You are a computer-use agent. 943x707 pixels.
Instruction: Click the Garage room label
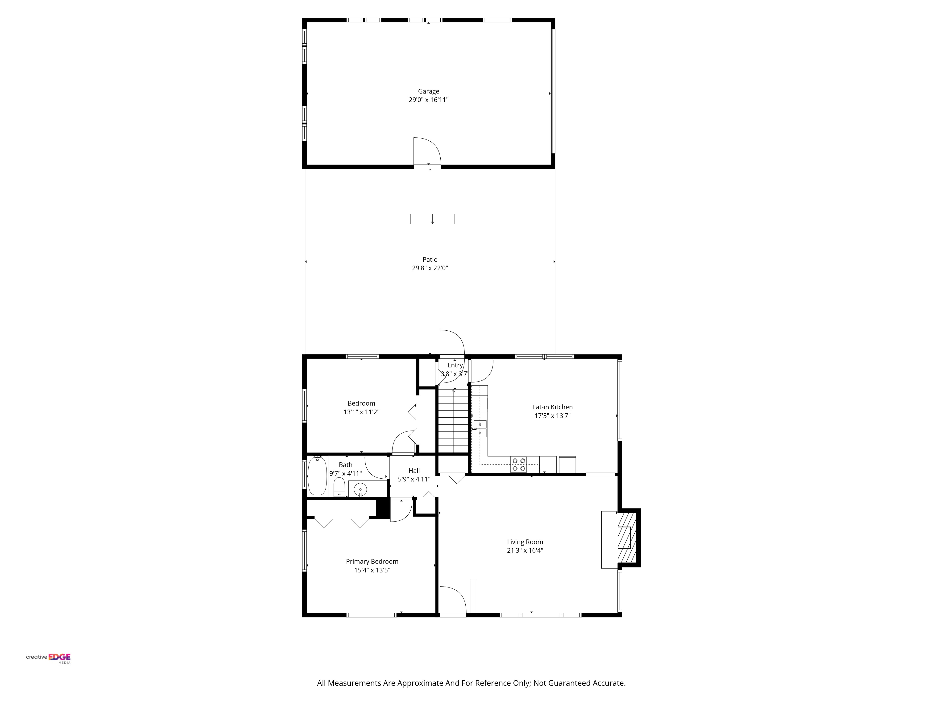(428, 91)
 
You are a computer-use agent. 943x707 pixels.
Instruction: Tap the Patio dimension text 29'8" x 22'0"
(430, 268)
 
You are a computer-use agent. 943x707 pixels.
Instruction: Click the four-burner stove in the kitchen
(519, 464)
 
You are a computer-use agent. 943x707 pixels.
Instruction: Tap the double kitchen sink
(480, 429)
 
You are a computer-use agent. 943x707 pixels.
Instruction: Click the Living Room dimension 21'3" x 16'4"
(525, 550)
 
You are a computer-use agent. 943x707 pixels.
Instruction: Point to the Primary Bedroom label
(372, 561)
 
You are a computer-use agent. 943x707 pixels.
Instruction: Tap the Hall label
(414, 470)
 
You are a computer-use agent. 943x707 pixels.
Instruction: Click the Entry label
(455, 365)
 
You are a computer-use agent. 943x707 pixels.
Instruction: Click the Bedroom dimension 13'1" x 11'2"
(361, 412)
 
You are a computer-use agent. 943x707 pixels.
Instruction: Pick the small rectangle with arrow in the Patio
(432, 219)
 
